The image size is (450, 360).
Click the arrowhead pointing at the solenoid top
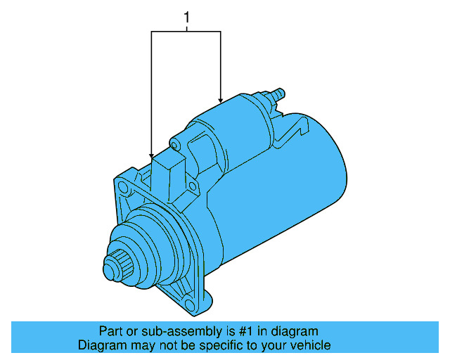[221, 100]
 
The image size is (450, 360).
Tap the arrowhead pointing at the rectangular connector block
[151, 154]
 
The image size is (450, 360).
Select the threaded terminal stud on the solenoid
[277, 93]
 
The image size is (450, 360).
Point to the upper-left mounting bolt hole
[124, 188]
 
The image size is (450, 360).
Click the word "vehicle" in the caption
[310, 345]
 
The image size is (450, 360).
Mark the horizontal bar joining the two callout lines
[186, 31]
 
